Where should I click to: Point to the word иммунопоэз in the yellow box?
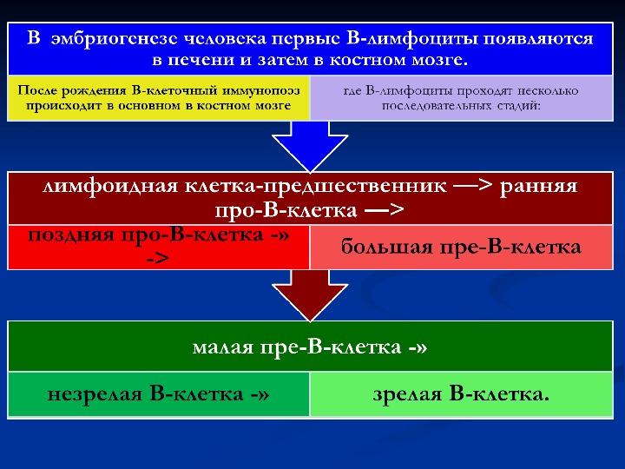pos(261,90)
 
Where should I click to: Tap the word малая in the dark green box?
pos(223,348)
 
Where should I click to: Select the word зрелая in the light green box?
pos(407,395)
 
